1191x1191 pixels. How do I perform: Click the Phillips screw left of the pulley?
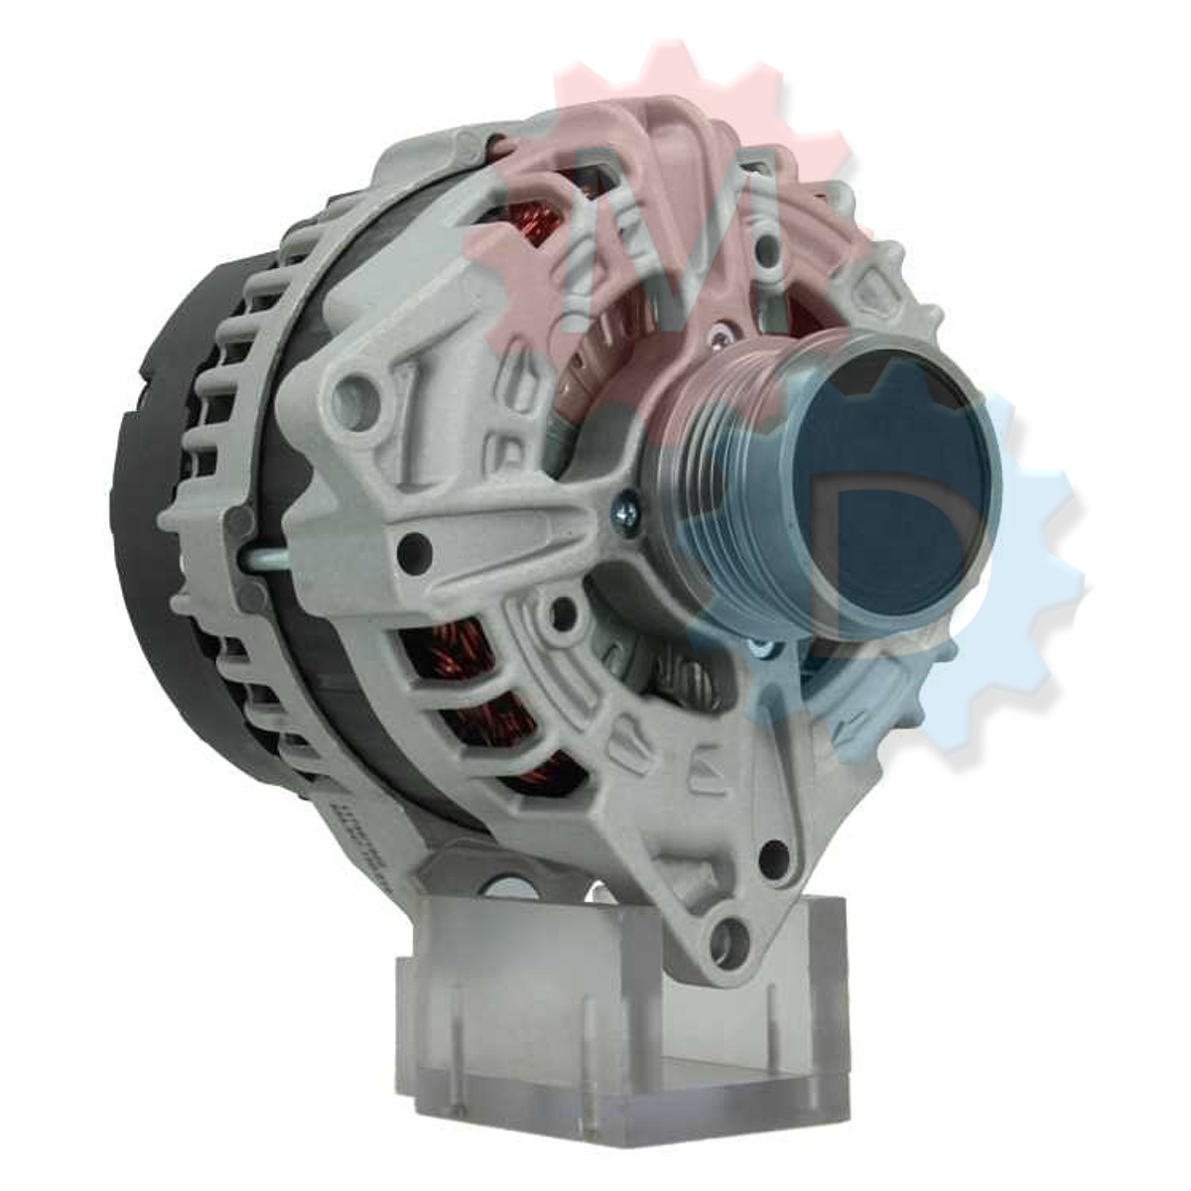(627, 515)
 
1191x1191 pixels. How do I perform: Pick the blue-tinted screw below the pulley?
(761, 648)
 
